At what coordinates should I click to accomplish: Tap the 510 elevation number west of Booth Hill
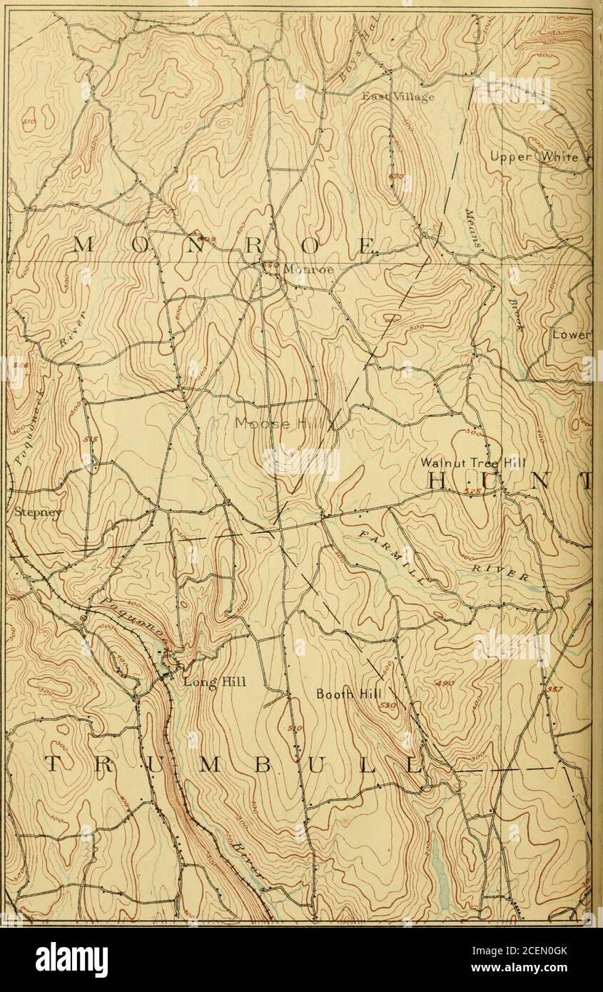click(297, 729)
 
